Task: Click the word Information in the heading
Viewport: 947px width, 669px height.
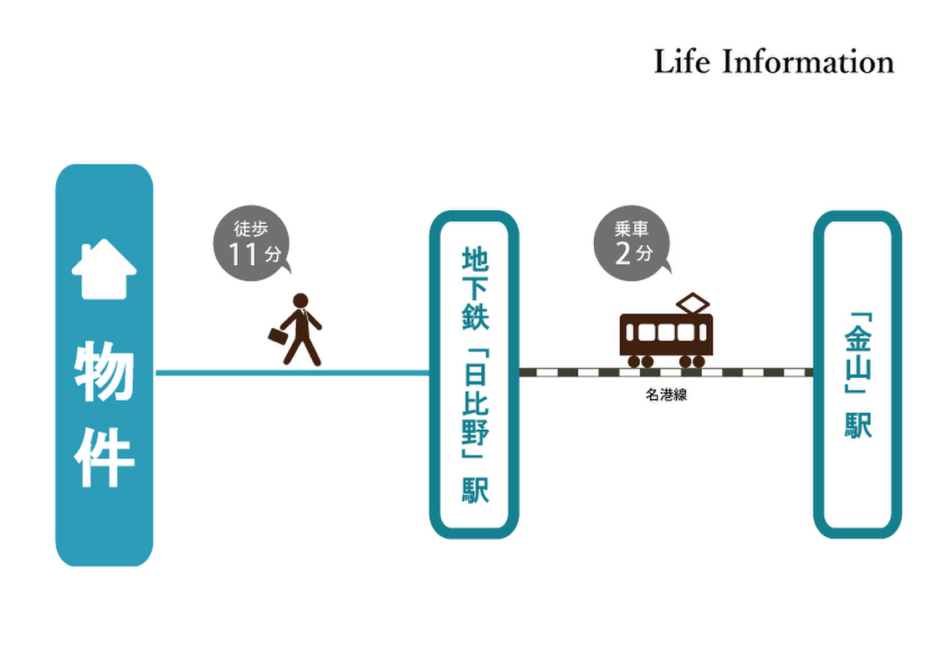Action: [x=808, y=63]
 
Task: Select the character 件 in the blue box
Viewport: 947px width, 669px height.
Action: [x=105, y=458]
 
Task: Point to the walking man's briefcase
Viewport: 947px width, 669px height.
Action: [x=276, y=336]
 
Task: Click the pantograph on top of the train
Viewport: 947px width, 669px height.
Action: [x=693, y=304]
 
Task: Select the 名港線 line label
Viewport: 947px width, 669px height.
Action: [x=666, y=396]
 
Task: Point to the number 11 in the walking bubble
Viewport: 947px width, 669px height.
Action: [x=243, y=254]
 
